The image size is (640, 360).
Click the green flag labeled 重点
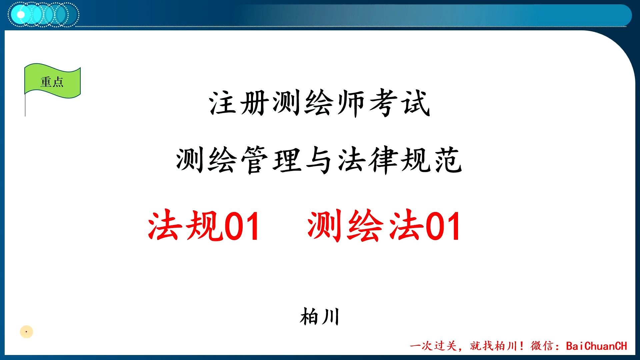pyautogui.click(x=52, y=81)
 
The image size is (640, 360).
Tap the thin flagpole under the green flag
pyautogui.click(x=25, y=106)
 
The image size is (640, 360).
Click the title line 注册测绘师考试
pyautogui.click(x=319, y=103)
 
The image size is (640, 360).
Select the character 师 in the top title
pyautogui.click(x=351, y=103)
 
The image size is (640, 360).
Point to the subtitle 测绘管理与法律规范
pyautogui.click(x=319, y=160)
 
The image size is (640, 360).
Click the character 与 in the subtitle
pyautogui.click(x=319, y=160)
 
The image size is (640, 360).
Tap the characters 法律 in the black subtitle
pyautogui.click(x=368, y=160)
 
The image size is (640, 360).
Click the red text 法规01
pyautogui.click(x=204, y=226)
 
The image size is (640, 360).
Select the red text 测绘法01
pyautogui.click(x=384, y=226)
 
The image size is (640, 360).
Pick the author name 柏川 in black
pyautogui.click(x=319, y=317)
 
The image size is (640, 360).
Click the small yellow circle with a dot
pyautogui.click(x=26, y=332)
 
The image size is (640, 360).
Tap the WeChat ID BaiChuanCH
pyautogui.click(x=596, y=346)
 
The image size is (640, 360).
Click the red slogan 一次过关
pyautogui.click(x=433, y=346)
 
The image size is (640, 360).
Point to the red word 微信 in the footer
pyautogui.click(x=542, y=346)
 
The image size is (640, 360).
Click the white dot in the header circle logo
pyautogui.click(x=21, y=15)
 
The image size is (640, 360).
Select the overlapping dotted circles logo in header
pyautogui.click(x=43, y=14)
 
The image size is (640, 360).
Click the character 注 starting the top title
pyautogui.click(x=223, y=103)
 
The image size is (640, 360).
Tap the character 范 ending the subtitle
pyautogui.click(x=449, y=160)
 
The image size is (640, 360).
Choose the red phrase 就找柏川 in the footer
pyautogui.click(x=493, y=346)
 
